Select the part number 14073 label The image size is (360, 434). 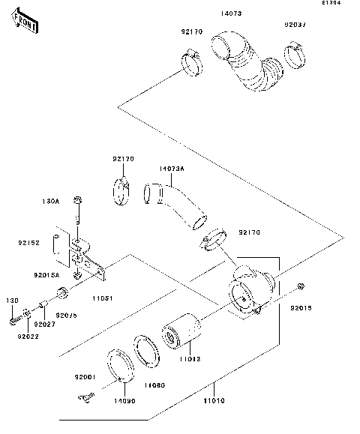click(232, 13)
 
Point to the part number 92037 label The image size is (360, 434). click(295, 24)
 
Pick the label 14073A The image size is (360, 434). click(171, 169)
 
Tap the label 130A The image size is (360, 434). click(50, 201)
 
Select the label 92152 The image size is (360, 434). click(29, 242)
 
